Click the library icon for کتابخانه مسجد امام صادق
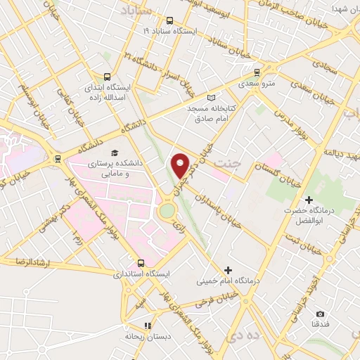(212, 98)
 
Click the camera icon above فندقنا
(321, 314)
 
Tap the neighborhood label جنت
(226, 164)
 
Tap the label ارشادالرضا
(22, 262)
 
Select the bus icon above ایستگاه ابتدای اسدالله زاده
(107, 77)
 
